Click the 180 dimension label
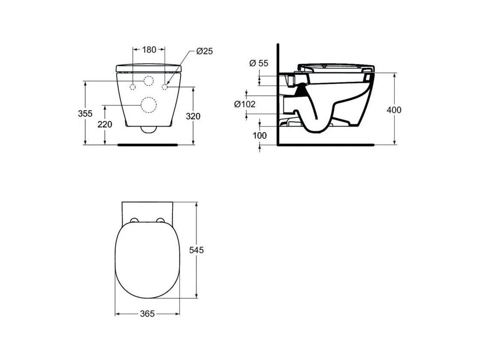click(149, 49)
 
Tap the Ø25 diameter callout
click(204, 51)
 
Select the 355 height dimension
click(85, 114)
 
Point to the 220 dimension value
click(105, 124)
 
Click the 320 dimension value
click(193, 116)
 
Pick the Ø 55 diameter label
click(258, 63)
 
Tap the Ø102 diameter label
click(245, 105)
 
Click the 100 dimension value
click(260, 135)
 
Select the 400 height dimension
click(394, 110)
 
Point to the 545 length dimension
click(196, 250)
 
